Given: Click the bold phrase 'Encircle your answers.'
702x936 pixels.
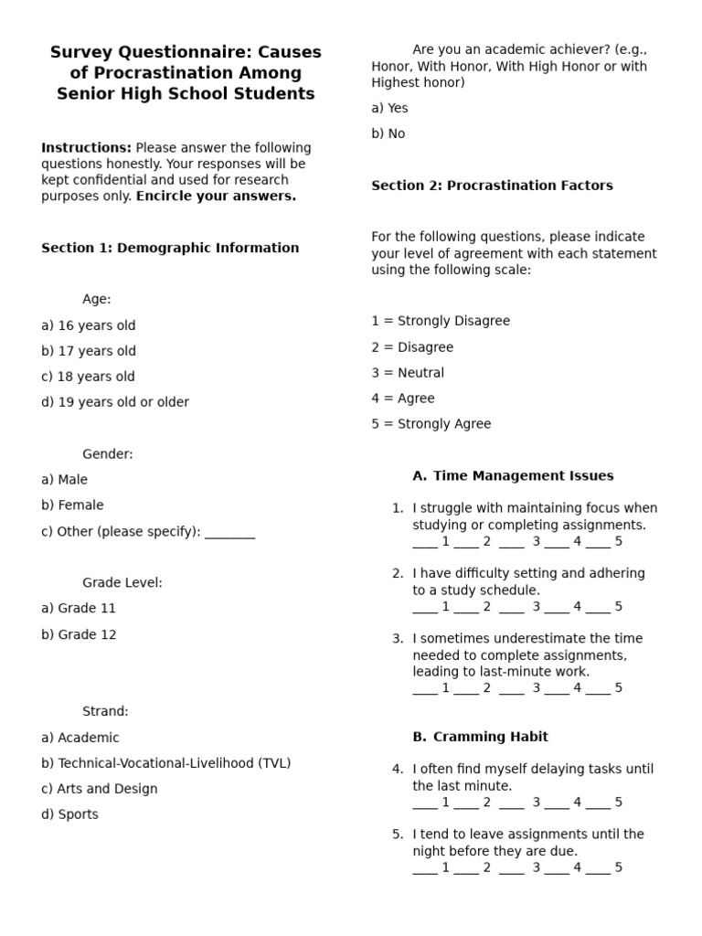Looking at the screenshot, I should point(216,197).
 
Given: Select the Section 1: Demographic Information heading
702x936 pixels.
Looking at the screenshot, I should point(170,248).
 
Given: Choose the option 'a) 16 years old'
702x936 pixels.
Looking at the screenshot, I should point(88,325).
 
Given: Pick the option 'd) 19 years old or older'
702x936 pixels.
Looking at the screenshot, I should point(115,402).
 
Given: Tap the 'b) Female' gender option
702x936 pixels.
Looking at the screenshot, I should point(72,505).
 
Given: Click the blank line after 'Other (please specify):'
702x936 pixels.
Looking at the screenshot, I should point(229,532).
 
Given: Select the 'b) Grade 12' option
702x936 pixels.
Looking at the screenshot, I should point(79,634).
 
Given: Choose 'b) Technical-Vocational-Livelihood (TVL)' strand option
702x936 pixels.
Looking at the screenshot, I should point(165,763).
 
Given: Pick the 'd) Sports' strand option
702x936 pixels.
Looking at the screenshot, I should point(69,814).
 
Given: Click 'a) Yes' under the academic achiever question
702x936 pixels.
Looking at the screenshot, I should point(389,108).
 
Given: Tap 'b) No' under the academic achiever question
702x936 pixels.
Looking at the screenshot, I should point(388,133).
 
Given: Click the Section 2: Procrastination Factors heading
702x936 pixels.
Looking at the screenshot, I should point(492,186).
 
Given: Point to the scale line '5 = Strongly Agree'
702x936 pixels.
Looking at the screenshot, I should point(431,424).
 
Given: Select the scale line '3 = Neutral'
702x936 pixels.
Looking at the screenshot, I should point(408,373).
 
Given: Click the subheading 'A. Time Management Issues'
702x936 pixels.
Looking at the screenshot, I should point(513,475).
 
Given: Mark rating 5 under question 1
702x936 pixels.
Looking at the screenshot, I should point(618,541).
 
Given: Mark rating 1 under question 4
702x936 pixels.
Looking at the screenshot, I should point(445,803).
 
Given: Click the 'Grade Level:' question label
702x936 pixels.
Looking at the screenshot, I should point(122,582).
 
